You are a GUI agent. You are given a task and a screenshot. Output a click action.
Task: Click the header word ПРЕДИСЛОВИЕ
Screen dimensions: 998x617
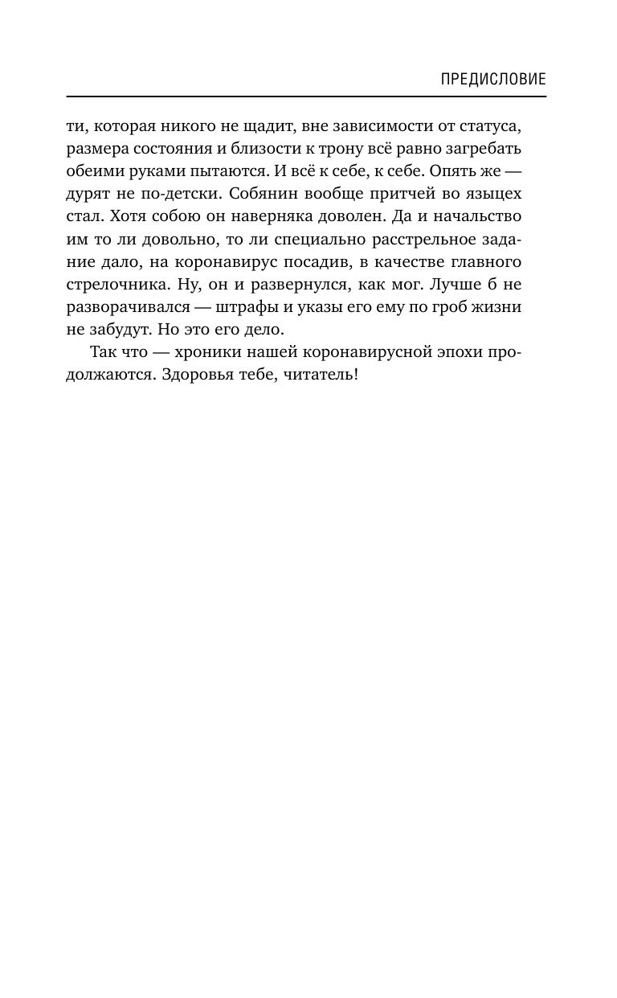click(x=494, y=79)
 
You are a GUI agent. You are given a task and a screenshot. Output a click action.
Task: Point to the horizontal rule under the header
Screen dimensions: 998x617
click(x=306, y=97)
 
